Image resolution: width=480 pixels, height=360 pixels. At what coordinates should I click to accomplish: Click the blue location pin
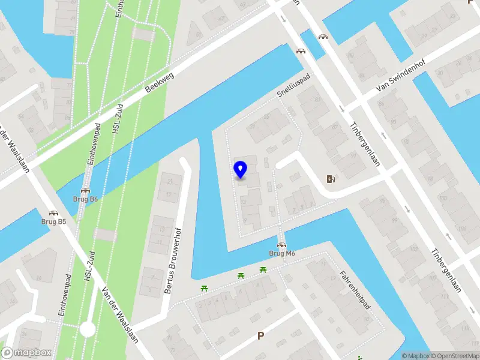click(x=240, y=170)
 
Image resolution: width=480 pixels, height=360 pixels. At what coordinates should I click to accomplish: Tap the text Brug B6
click(x=86, y=199)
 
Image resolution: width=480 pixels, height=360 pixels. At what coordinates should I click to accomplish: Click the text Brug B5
click(x=54, y=221)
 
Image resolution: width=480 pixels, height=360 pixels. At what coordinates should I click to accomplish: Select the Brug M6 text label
click(x=281, y=253)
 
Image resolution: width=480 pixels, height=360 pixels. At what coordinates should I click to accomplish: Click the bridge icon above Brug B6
click(x=86, y=191)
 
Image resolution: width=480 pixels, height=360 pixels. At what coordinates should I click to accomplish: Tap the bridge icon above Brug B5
click(x=54, y=213)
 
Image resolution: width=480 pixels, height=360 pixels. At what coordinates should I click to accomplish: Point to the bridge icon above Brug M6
click(x=281, y=245)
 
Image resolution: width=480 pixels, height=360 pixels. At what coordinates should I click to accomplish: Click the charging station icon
click(x=329, y=178)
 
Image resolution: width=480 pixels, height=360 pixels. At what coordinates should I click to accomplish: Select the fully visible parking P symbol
click(x=260, y=336)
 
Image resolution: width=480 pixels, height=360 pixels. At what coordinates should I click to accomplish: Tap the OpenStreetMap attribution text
click(x=454, y=356)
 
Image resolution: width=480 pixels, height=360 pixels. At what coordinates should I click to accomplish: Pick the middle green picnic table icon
click(x=241, y=275)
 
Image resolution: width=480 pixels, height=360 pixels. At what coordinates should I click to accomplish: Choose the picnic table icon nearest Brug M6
click(x=263, y=269)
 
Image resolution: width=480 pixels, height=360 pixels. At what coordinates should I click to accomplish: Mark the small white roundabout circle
click(x=88, y=329)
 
